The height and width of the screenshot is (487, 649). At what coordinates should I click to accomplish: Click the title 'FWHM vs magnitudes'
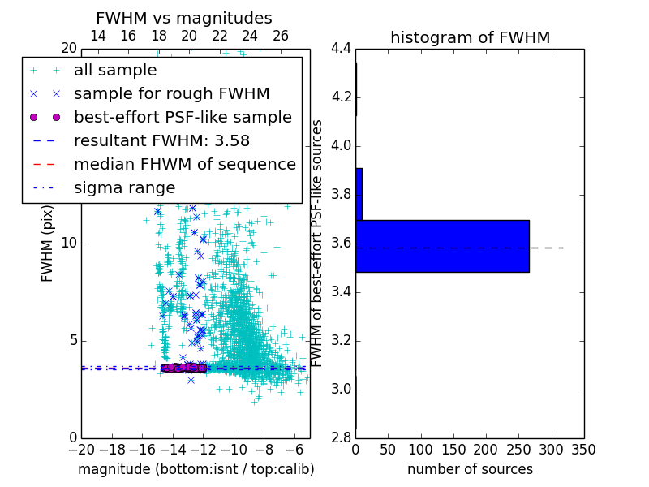point(183,18)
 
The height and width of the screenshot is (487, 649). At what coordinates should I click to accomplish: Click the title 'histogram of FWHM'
point(470,37)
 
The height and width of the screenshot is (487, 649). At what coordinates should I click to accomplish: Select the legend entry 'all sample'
point(114,71)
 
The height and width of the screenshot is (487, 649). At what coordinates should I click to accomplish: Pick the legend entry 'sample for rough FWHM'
point(171,94)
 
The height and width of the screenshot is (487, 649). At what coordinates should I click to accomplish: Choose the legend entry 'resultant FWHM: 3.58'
point(161,141)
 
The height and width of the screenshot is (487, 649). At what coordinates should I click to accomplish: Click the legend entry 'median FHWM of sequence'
point(184,165)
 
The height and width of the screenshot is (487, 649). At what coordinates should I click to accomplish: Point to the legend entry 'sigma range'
point(124,188)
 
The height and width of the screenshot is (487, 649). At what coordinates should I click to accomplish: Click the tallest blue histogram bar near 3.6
point(442,246)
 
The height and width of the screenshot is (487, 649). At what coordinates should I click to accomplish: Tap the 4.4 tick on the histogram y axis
point(341,49)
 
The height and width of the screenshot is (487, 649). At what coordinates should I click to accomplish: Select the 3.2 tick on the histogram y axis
point(341,340)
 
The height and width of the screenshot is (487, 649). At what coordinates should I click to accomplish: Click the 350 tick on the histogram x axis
point(583,449)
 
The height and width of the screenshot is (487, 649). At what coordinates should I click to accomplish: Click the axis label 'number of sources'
point(470,469)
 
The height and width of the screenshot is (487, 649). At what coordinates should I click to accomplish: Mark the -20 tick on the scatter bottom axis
point(81,449)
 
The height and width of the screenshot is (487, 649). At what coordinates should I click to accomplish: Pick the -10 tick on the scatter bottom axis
point(234,449)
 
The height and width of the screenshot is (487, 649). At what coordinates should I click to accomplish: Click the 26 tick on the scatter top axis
point(281,36)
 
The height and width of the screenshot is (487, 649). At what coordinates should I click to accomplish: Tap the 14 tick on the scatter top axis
point(97,36)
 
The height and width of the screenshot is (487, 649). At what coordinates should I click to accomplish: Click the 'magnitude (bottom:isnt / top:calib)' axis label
point(196,469)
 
